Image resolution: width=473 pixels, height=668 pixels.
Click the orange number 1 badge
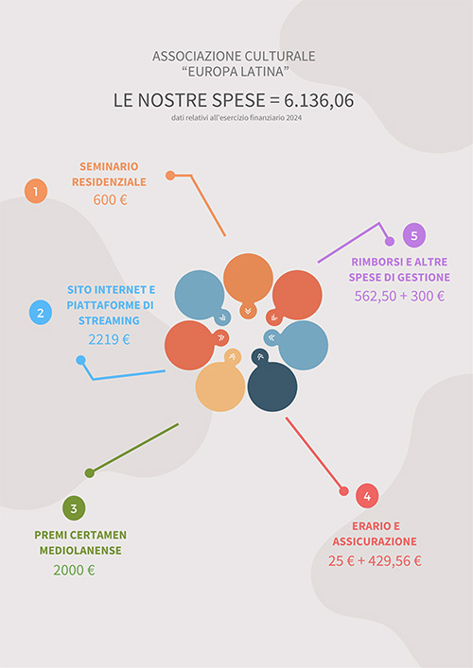point(36,191)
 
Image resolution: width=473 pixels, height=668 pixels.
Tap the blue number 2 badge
point(41,313)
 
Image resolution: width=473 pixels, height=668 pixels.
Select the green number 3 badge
point(74,508)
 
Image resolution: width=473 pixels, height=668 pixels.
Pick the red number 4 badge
point(367,496)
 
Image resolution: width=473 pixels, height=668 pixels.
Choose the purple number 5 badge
point(414,235)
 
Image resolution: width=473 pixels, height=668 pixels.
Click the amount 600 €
point(111,199)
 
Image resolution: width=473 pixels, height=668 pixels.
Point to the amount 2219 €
point(109,339)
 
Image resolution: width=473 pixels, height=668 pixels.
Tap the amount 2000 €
point(74,570)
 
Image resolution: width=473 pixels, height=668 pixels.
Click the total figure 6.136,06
point(319,101)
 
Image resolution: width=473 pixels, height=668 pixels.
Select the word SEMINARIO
point(109,166)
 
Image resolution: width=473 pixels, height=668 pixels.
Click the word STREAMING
point(109,320)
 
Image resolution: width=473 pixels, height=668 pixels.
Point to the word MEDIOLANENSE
point(80,551)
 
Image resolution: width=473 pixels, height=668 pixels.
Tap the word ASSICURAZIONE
point(375,541)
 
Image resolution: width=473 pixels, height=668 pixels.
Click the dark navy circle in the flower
point(272,386)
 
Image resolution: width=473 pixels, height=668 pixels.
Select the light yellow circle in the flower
point(220,386)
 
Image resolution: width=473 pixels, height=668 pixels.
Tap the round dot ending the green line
point(90,472)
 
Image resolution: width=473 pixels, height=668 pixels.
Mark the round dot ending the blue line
point(80,360)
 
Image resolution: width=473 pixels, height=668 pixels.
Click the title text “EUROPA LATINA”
point(236,72)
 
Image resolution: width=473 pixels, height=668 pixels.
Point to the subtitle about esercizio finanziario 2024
point(236,118)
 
